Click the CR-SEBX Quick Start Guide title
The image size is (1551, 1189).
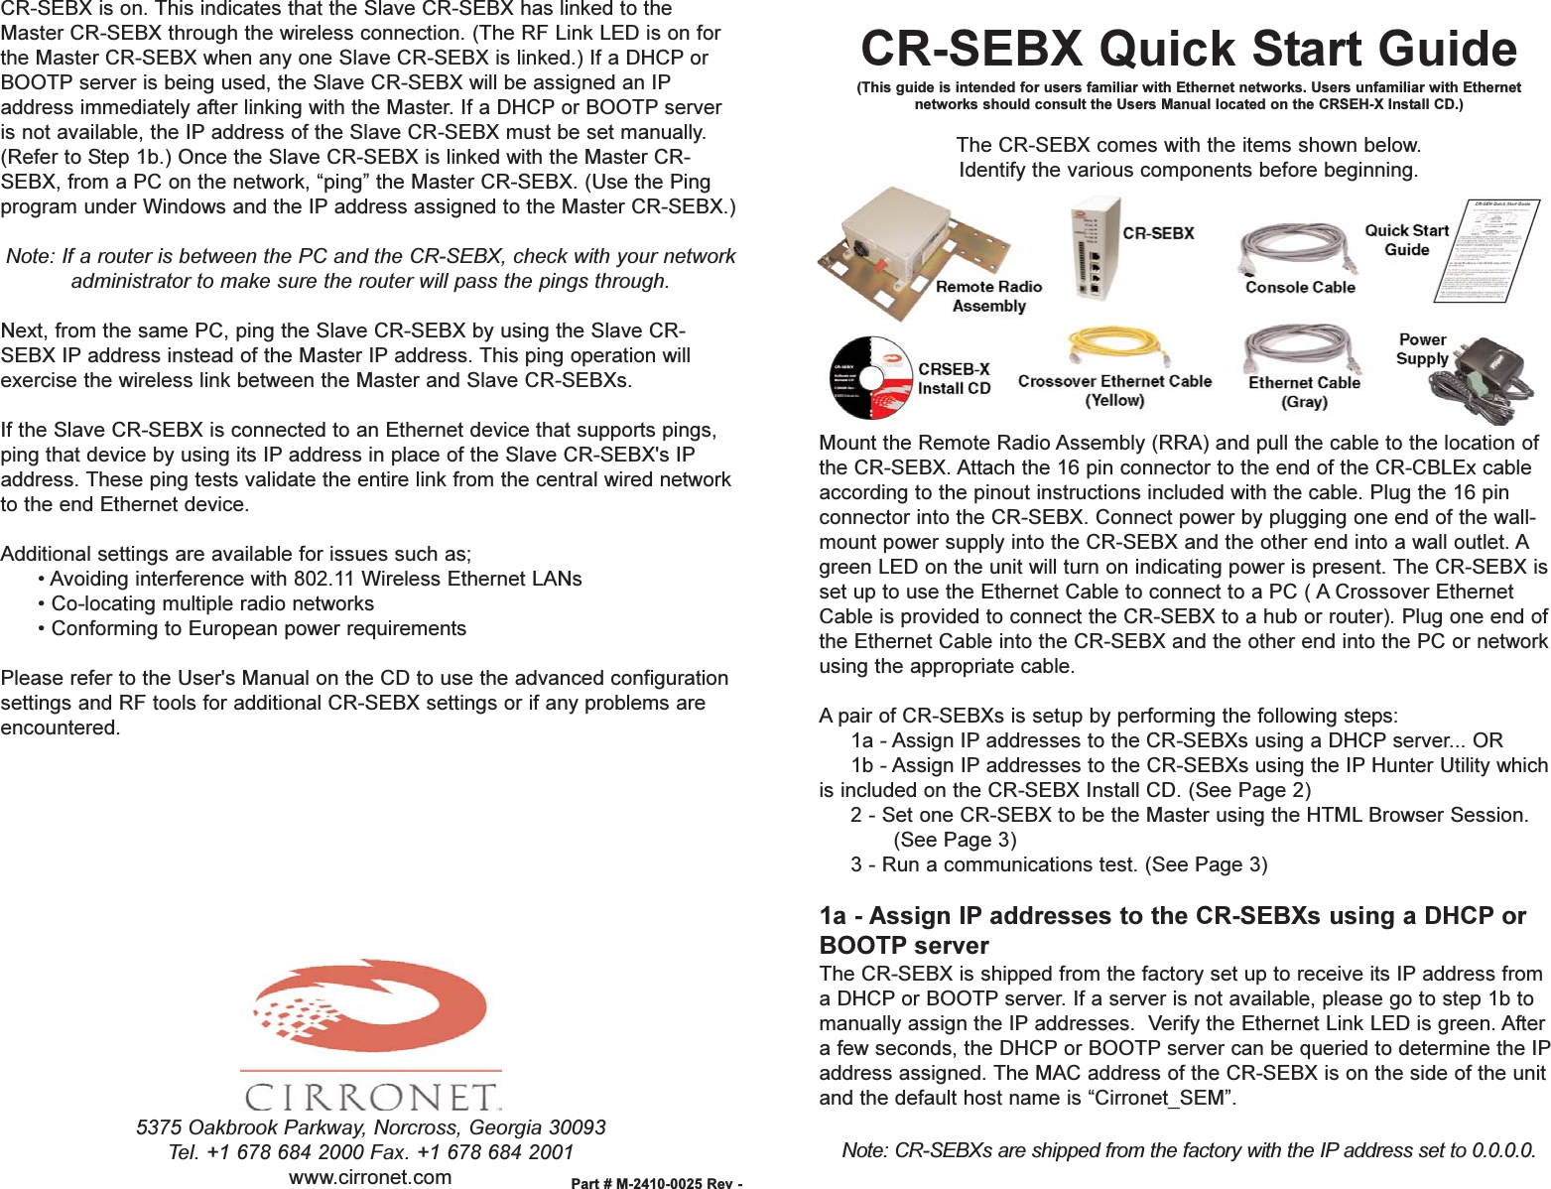tap(1188, 49)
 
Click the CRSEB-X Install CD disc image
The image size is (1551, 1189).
tap(870, 377)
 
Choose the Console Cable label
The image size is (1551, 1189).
tap(1300, 288)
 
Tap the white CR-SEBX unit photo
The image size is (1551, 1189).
tap(1095, 248)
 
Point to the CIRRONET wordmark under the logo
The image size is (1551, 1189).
tap(371, 1096)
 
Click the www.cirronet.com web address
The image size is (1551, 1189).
tap(370, 1177)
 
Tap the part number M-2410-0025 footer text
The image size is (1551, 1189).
tap(656, 1182)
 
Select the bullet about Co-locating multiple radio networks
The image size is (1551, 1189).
tap(212, 603)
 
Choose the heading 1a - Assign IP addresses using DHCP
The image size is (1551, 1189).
tap(1172, 930)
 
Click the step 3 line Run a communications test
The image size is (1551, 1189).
tap(1059, 864)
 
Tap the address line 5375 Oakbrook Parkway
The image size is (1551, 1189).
tap(370, 1127)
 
